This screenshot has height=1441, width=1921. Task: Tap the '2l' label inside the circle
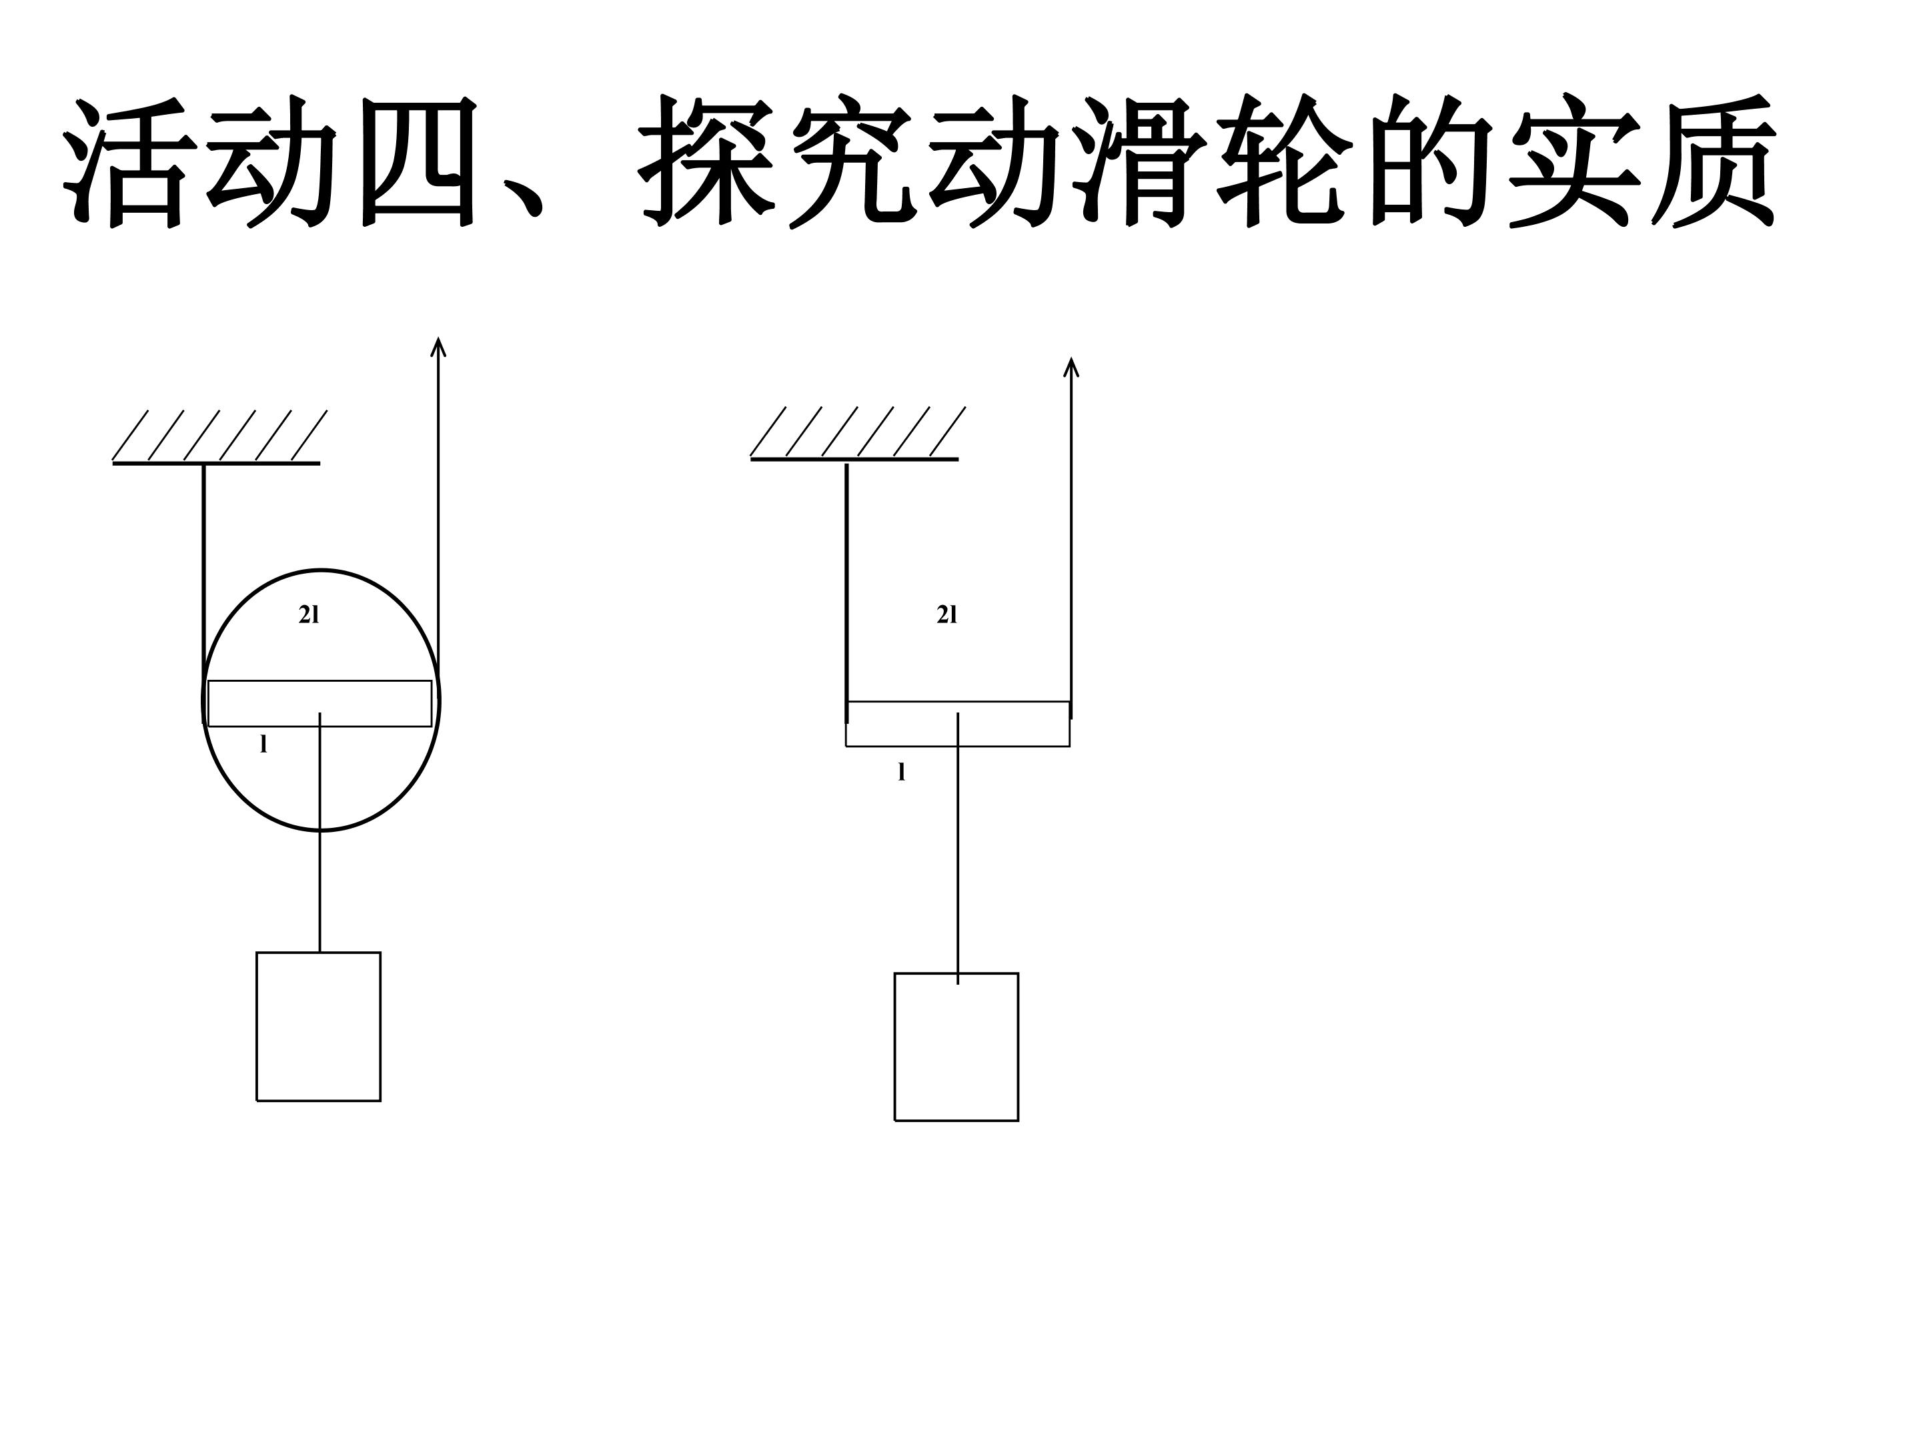point(309,615)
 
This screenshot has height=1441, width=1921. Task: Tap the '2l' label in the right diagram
point(946,615)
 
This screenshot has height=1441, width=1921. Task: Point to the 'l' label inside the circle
point(264,745)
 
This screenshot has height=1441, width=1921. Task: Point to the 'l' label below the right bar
point(901,771)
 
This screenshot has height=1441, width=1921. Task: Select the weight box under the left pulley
point(319,1027)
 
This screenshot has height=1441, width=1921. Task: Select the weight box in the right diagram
point(956,1047)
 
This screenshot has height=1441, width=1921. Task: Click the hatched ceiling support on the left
point(217,437)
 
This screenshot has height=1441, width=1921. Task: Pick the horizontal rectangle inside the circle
point(320,704)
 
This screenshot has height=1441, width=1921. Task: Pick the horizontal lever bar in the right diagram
point(958,724)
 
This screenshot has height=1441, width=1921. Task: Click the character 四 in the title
point(418,162)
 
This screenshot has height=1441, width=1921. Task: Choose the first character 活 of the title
point(127,162)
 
